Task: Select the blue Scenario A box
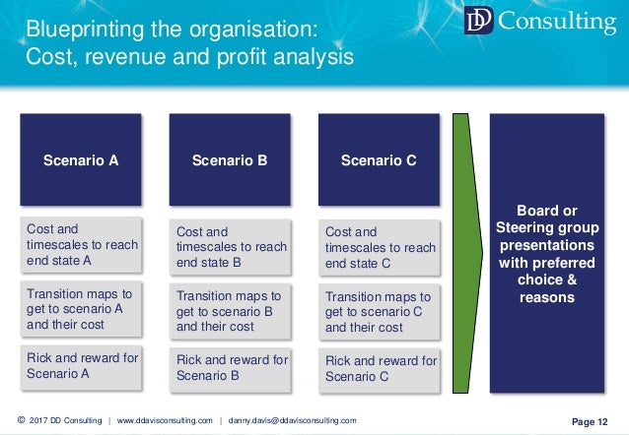81,159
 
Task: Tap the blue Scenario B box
230,159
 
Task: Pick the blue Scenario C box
379,159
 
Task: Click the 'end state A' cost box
82,245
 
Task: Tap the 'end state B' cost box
231,247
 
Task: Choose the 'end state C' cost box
380,247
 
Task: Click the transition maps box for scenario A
82,307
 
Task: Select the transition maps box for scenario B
231,310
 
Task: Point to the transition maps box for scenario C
380,310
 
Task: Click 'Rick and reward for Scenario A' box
82,365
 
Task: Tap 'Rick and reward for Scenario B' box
231,367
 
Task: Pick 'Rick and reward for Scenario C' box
380,367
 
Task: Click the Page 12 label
590,421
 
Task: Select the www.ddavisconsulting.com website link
165,421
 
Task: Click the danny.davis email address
293,421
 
